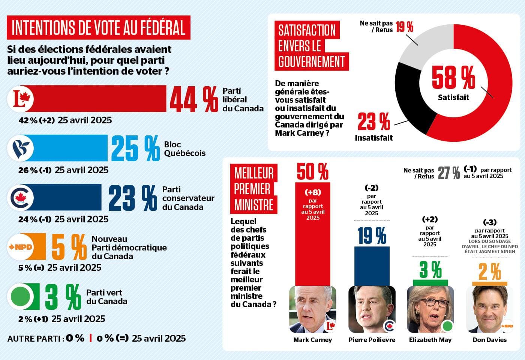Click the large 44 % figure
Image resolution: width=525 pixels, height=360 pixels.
click(x=193, y=99)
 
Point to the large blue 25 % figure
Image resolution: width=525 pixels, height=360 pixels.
click(x=135, y=148)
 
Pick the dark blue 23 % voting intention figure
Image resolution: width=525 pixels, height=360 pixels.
click(x=133, y=198)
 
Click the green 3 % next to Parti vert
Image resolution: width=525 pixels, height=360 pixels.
click(x=63, y=297)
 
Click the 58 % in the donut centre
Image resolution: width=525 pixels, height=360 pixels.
click(x=453, y=78)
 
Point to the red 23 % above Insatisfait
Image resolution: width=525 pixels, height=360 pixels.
click(x=373, y=121)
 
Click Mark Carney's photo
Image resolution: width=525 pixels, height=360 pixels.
click(x=312, y=309)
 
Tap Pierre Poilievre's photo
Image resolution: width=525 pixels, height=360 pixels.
click(x=372, y=309)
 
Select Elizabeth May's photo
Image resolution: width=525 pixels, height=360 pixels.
click(x=430, y=309)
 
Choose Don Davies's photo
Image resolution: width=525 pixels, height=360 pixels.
click(x=489, y=309)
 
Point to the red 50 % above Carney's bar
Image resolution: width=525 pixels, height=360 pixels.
click(x=312, y=171)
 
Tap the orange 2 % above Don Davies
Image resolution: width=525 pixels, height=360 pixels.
click(x=489, y=272)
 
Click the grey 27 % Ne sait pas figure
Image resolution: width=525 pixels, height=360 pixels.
click(x=448, y=173)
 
